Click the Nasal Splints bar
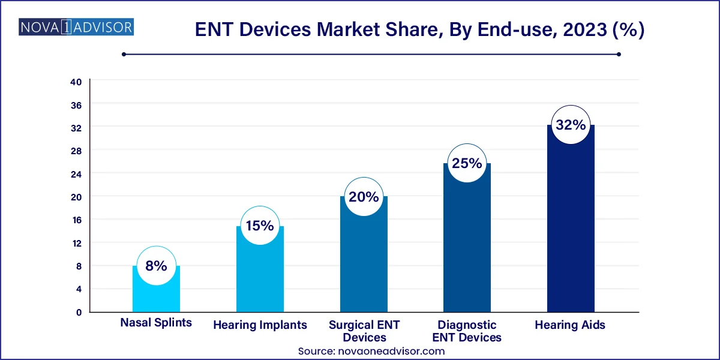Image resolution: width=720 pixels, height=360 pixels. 156,294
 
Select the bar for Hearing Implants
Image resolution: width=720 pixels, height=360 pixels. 260,276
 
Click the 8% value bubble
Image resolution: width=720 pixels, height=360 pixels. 156,265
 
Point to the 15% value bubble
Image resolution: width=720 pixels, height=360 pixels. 260,226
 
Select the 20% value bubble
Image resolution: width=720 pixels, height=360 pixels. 364,197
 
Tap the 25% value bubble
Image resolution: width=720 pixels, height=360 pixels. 467,163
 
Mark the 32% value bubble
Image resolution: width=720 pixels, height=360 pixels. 571,125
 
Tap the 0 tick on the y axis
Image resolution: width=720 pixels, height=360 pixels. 78,312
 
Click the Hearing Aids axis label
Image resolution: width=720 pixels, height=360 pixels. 570,325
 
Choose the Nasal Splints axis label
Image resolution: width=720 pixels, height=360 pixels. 156,322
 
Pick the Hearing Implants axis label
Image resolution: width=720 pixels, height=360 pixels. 260,325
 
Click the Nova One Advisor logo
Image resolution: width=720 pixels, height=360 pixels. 77,27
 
